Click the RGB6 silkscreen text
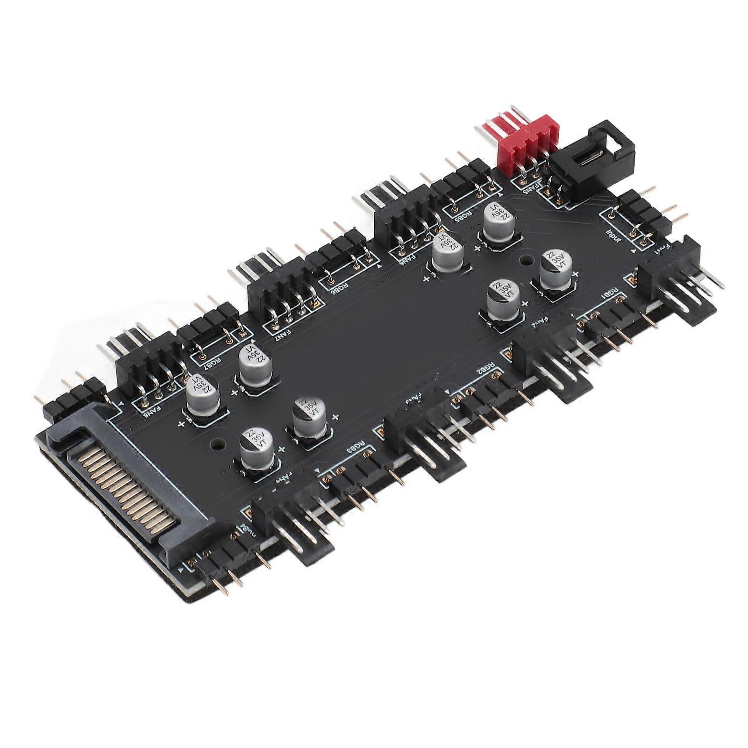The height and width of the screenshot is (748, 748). tap(341, 291)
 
